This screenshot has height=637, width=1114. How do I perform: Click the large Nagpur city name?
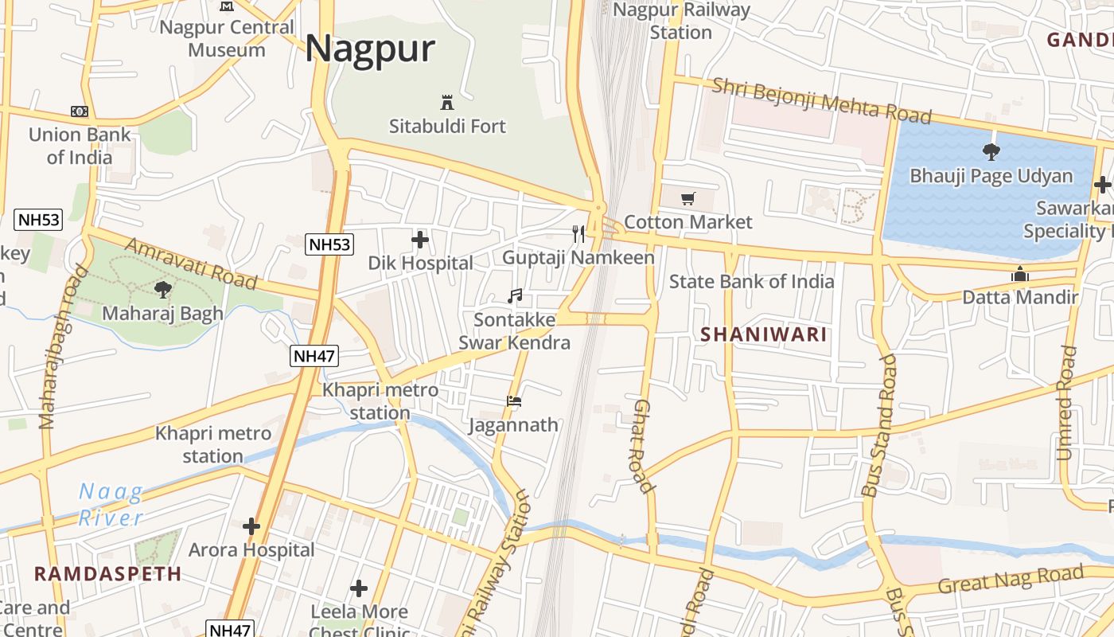(x=370, y=49)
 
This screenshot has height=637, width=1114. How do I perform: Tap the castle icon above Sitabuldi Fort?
(x=446, y=103)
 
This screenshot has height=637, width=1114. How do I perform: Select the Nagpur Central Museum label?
(x=227, y=38)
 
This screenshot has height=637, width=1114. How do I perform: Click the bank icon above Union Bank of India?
(x=79, y=111)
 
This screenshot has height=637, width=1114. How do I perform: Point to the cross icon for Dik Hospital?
(x=420, y=239)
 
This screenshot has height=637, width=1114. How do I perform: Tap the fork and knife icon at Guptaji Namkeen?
(x=578, y=233)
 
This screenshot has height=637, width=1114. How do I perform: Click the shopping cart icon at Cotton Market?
(x=687, y=198)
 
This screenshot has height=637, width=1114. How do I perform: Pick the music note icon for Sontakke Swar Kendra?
(x=515, y=296)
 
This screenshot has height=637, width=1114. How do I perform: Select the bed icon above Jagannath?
(x=514, y=401)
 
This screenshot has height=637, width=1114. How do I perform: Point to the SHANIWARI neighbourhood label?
(x=764, y=334)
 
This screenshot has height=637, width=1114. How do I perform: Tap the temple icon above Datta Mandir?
(x=1020, y=275)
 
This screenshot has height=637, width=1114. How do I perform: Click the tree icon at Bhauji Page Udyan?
(x=991, y=151)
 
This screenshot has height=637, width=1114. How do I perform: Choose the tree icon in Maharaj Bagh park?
(x=163, y=289)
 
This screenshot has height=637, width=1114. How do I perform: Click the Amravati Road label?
(x=192, y=264)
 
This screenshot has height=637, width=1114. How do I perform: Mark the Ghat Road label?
(x=642, y=446)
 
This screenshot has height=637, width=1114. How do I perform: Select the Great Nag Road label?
(x=1011, y=579)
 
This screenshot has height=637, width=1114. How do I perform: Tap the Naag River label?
(x=111, y=505)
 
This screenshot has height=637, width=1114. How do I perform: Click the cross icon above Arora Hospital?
(x=251, y=526)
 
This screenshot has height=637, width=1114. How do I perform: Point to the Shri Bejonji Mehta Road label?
(x=821, y=100)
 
